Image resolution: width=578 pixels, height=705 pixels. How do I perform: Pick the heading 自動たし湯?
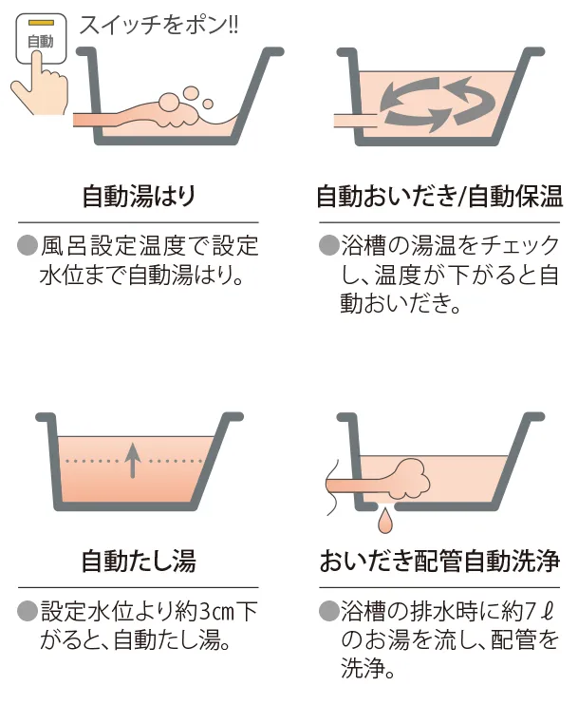click(x=139, y=561)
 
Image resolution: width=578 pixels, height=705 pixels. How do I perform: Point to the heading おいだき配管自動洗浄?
click(x=438, y=561)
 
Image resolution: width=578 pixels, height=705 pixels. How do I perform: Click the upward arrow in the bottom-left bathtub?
click(x=134, y=460)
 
